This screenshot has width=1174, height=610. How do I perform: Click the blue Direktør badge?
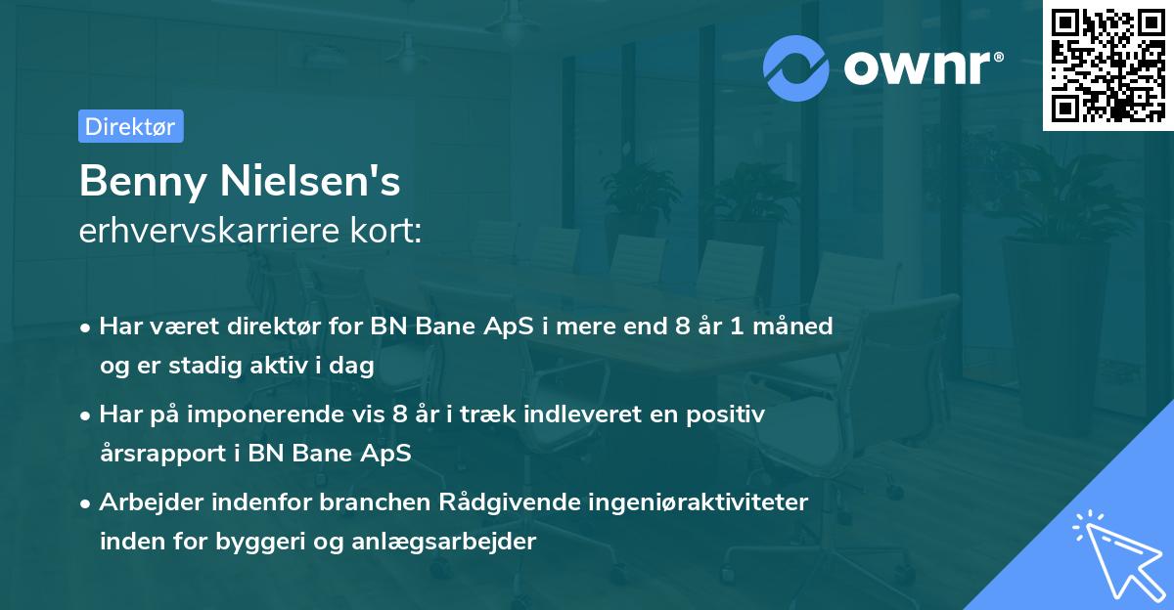pos(130,126)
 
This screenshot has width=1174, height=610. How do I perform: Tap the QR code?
pos(1106,65)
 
